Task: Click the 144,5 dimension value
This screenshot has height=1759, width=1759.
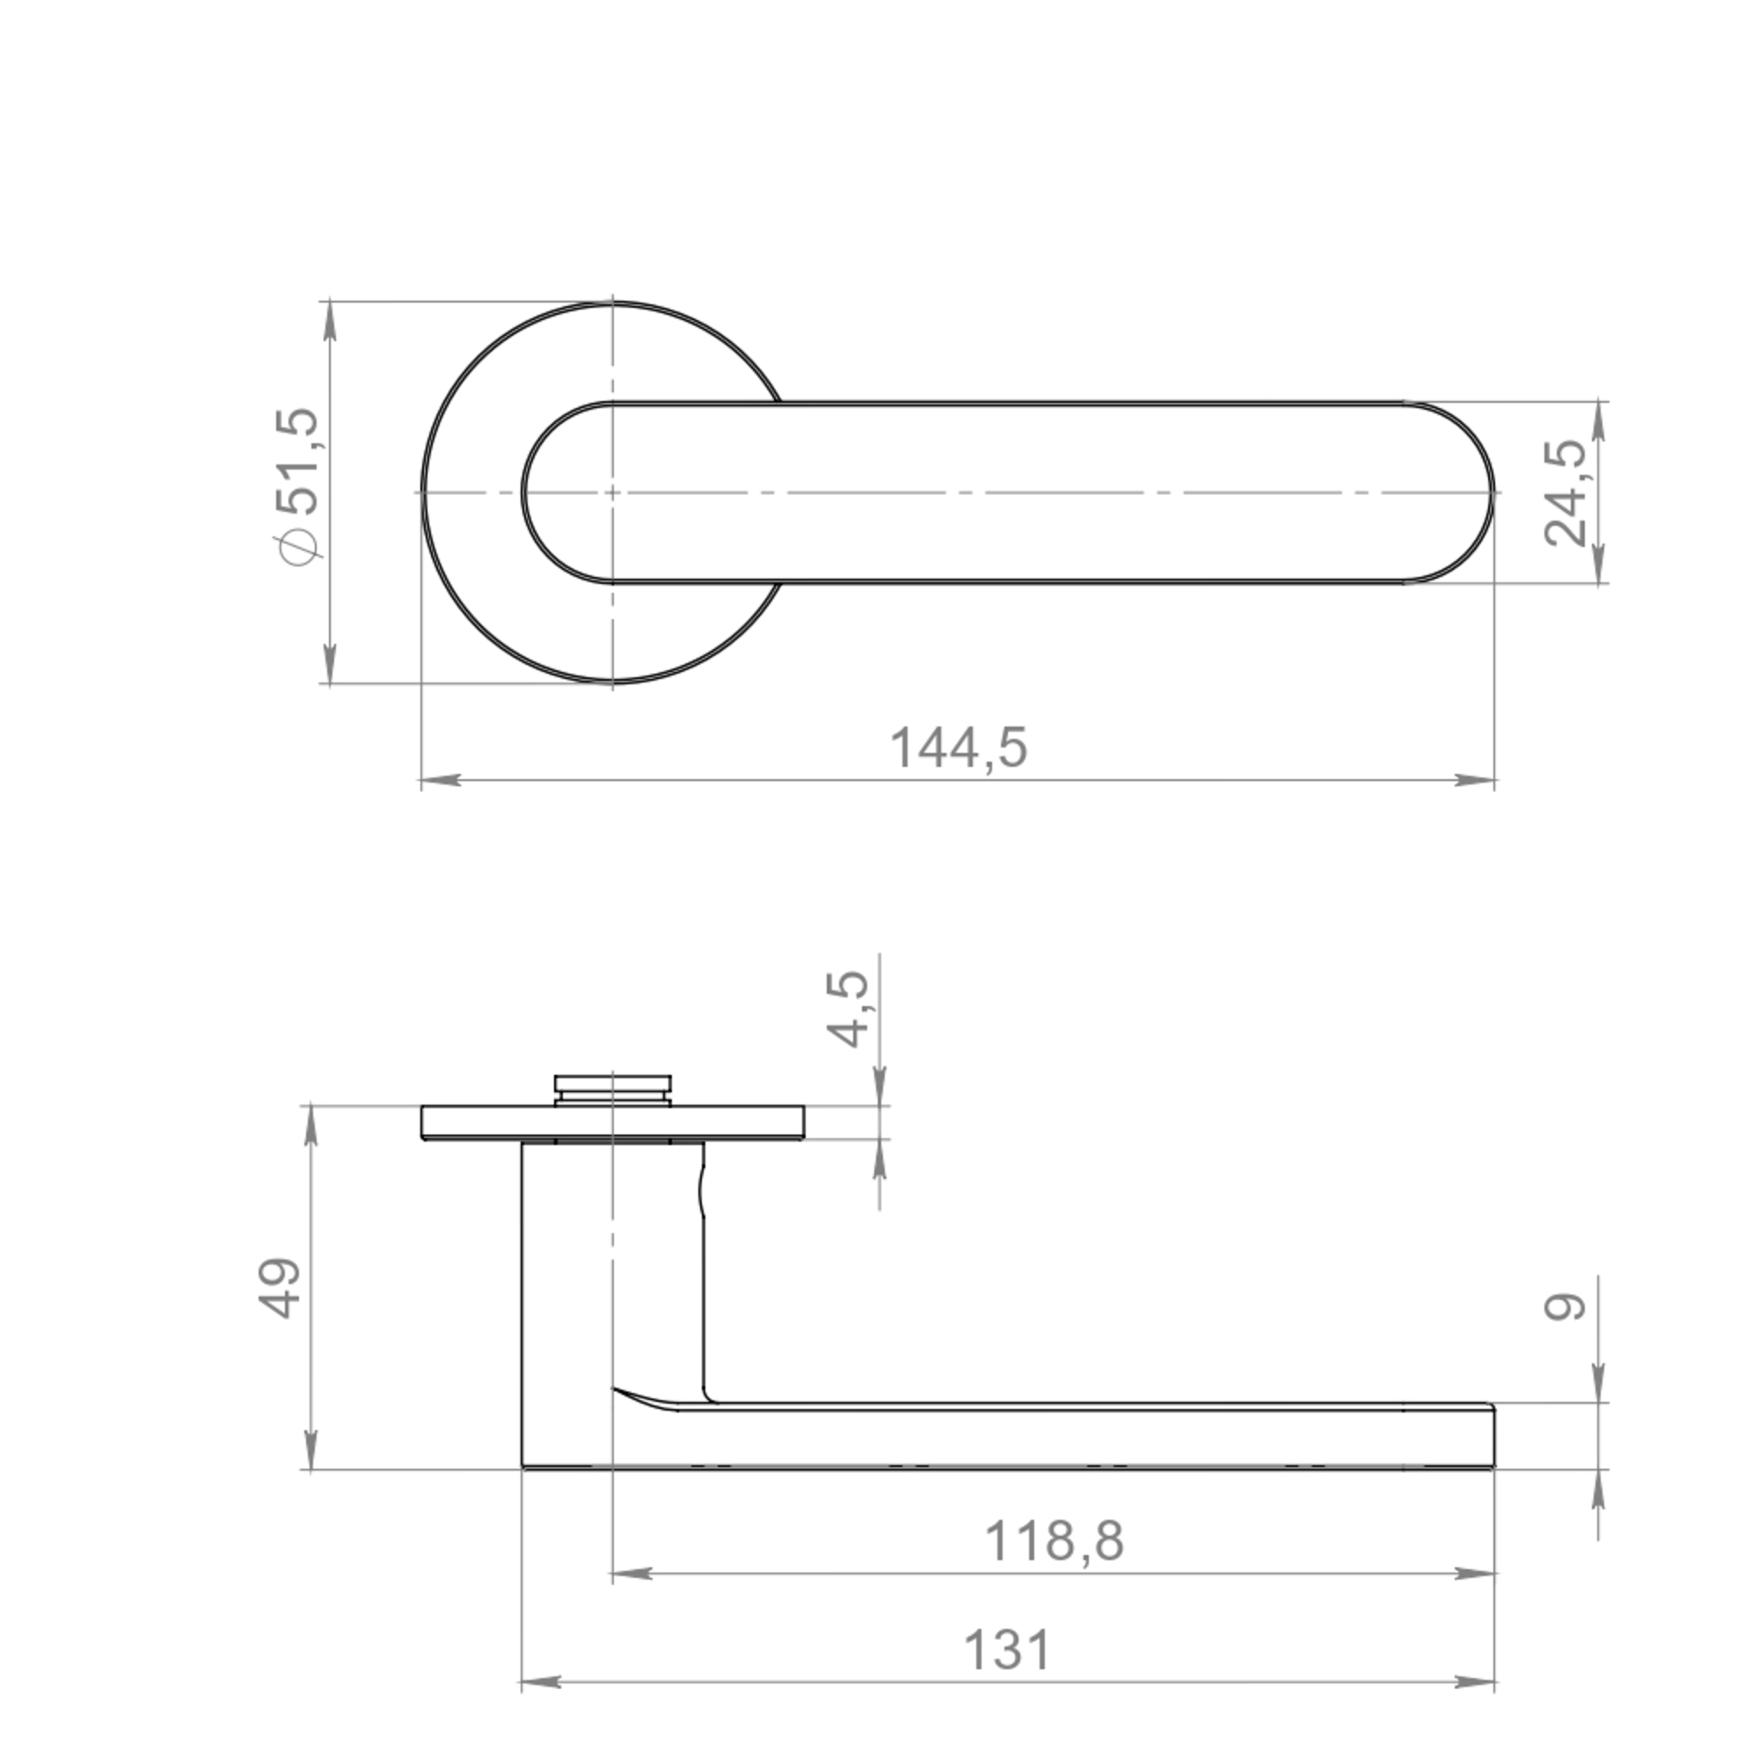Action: click(959, 748)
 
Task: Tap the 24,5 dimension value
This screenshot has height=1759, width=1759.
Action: click(1566, 493)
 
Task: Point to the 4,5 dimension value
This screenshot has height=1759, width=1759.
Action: click(847, 1009)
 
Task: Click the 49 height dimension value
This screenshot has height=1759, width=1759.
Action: click(280, 1288)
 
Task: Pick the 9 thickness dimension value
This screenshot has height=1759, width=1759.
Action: click(1566, 1308)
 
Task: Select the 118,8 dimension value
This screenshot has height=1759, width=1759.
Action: click(1055, 1542)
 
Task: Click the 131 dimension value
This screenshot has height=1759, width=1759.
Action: click(1007, 1650)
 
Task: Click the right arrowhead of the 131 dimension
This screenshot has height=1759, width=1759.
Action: click(1475, 1683)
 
